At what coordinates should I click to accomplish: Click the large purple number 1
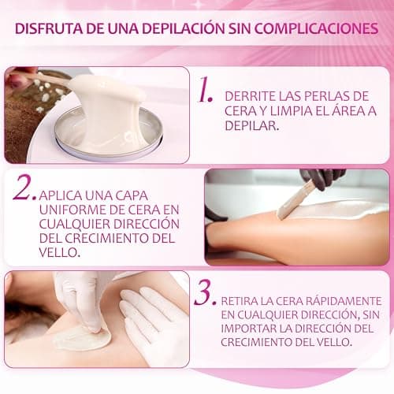[206, 93]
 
